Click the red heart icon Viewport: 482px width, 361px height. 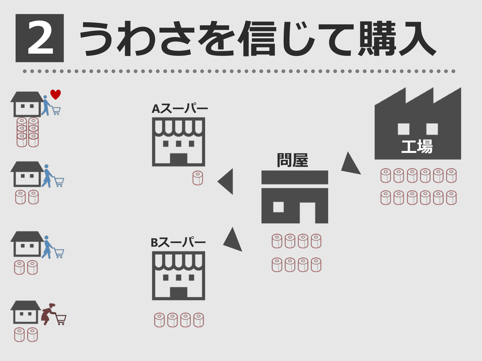[x=55, y=94]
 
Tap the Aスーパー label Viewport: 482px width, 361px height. [x=180, y=109]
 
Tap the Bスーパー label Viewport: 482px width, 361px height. [x=178, y=242]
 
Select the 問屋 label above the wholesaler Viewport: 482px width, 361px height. [x=292, y=160]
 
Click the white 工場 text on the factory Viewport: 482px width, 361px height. [x=417, y=146]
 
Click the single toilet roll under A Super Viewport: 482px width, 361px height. [x=198, y=178]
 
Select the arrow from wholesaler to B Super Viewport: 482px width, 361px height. [x=233, y=240]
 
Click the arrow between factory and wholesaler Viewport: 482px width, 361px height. [x=350, y=164]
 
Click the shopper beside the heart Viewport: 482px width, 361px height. [x=46, y=105]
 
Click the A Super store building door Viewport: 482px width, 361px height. [x=178, y=158]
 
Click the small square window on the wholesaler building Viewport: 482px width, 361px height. [x=278, y=207]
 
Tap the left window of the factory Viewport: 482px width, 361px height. [x=404, y=129]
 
